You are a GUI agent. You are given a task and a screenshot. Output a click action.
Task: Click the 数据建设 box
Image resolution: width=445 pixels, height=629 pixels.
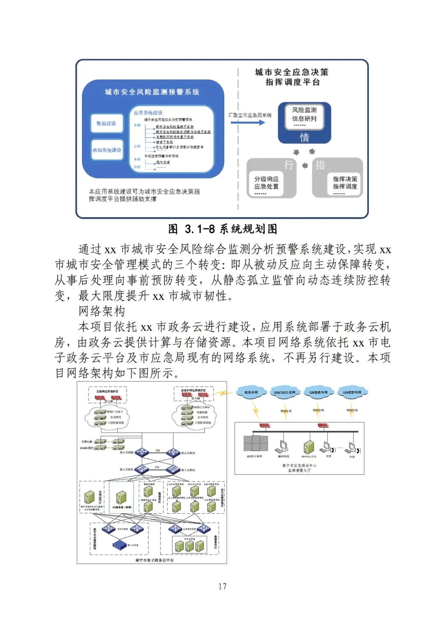point(107,124)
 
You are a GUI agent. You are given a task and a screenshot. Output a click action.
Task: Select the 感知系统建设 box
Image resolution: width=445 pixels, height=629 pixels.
point(107,150)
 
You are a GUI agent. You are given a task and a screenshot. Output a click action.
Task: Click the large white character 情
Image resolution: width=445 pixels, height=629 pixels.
point(304,137)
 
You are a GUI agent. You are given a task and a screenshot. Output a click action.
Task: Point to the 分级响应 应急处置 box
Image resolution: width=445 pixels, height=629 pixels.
point(267,183)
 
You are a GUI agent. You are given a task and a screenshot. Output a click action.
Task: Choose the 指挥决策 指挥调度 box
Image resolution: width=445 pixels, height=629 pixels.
point(345,183)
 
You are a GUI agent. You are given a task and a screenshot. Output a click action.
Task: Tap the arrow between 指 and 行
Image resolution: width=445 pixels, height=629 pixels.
point(305,166)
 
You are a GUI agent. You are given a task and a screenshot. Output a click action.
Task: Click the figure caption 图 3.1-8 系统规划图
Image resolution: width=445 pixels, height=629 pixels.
point(222,229)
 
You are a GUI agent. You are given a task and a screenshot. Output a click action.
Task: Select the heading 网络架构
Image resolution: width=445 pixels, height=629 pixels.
point(102,311)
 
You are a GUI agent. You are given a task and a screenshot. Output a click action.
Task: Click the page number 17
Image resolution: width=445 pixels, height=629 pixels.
point(222,586)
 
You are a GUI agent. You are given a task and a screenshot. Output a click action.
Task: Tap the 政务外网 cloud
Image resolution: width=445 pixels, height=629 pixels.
point(251,393)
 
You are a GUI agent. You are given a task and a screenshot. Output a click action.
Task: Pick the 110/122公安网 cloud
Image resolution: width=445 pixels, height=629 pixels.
point(284,393)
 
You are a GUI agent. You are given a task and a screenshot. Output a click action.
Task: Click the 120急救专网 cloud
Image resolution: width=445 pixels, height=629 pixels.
point(318,393)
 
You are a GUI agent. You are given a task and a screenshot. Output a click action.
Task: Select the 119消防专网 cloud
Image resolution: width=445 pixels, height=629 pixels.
point(352,393)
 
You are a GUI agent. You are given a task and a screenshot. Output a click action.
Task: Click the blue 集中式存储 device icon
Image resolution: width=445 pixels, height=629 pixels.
point(119,545)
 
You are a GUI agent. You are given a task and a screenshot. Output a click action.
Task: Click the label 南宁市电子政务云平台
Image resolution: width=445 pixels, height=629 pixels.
point(155,560)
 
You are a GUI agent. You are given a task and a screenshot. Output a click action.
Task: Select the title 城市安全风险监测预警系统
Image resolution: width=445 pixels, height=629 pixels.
point(152,92)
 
